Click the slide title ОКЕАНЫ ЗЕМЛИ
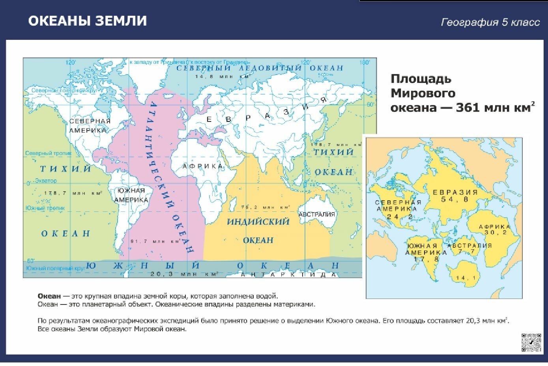point(87,21)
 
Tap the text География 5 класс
point(490,22)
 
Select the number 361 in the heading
point(470,108)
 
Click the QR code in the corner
point(531,342)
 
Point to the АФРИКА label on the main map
point(203,166)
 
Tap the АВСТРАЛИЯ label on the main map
point(317,215)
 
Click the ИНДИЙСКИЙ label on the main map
point(258,222)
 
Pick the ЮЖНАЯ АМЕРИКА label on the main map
point(131,195)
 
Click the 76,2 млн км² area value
point(265,207)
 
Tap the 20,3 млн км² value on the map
point(185,273)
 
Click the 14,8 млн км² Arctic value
point(223,77)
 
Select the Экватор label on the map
point(45,181)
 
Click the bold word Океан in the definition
point(49,296)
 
